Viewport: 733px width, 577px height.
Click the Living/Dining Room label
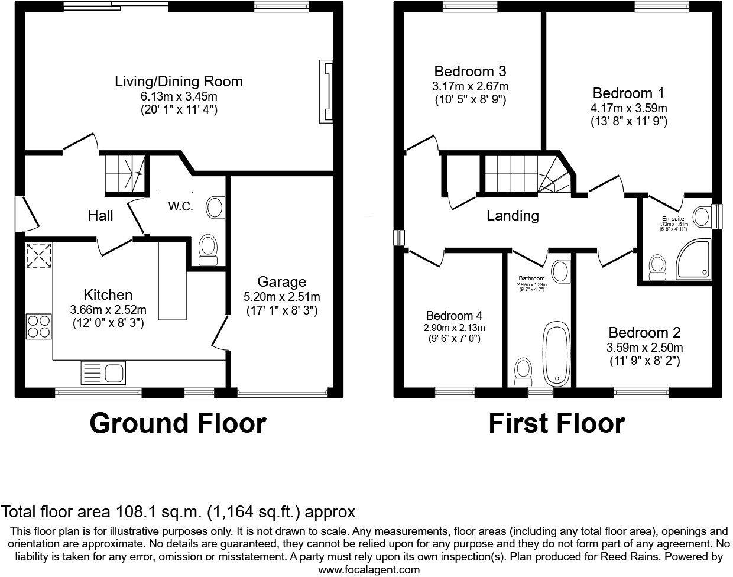click(x=179, y=81)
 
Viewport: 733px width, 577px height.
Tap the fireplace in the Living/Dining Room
click(x=326, y=91)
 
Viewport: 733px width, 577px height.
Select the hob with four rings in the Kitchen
click(x=37, y=326)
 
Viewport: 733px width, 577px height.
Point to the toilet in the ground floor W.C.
click(x=208, y=250)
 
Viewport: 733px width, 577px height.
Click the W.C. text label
click(x=180, y=207)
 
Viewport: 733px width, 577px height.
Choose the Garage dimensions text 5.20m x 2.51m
click(x=281, y=297)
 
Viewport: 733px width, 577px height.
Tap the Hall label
click(x=100, y=215)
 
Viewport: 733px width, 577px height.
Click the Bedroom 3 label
click(x=470, y=72)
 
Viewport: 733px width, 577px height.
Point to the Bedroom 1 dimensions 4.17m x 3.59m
click(x=628, y=108)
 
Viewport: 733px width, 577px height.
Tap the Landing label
click(x=513, y=216)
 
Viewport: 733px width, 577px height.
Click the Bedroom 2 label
click(x=644, y=332)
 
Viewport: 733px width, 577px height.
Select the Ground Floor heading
click(x=178, y=423)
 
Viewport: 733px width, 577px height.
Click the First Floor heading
click(x=556, y=423)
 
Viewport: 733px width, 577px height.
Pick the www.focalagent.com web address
click(x=369, y=570)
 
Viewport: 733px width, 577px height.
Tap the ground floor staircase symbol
click(x=125, y=173)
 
